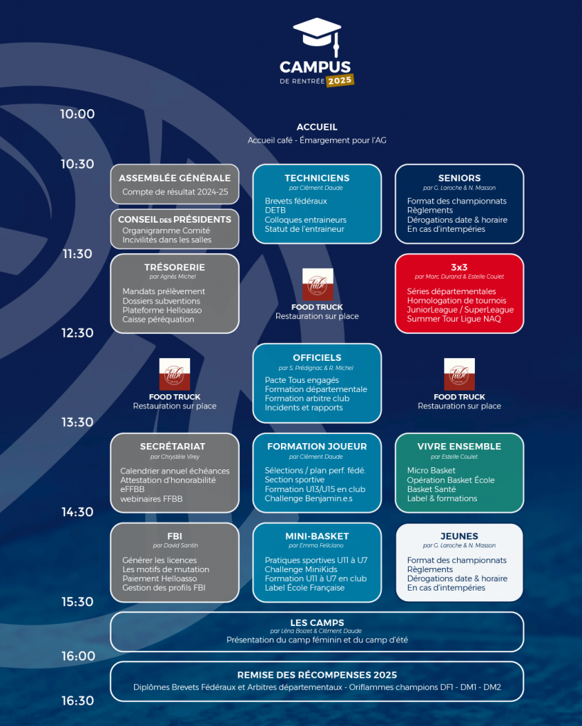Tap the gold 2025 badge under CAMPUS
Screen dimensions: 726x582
click(340, 80)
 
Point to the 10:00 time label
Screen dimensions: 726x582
click(77, 114)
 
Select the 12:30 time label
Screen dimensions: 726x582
click(77, 333)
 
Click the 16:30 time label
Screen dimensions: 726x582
click(77, 700)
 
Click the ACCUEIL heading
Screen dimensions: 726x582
click(317, 127)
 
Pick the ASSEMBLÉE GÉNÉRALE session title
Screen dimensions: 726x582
click(175, 178)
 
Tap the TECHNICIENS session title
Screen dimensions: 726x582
click(317, 178)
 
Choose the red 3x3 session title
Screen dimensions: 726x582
click(459, 267)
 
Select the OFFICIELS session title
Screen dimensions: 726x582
click(317, 357)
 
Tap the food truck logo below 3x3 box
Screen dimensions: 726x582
click(459, 374)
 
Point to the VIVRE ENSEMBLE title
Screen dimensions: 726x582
click(459, 447)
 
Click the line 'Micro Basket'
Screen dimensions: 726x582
click(432, 471)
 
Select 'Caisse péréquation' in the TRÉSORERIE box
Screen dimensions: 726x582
click(158, 319)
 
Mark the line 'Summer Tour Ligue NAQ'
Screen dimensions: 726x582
click(454, 319)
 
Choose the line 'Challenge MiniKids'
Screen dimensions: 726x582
click(301, 569)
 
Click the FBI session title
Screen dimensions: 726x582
click(175, 536)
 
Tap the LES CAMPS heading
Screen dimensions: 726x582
click(317, 622)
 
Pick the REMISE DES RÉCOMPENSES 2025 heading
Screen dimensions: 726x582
click(317, 675)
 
